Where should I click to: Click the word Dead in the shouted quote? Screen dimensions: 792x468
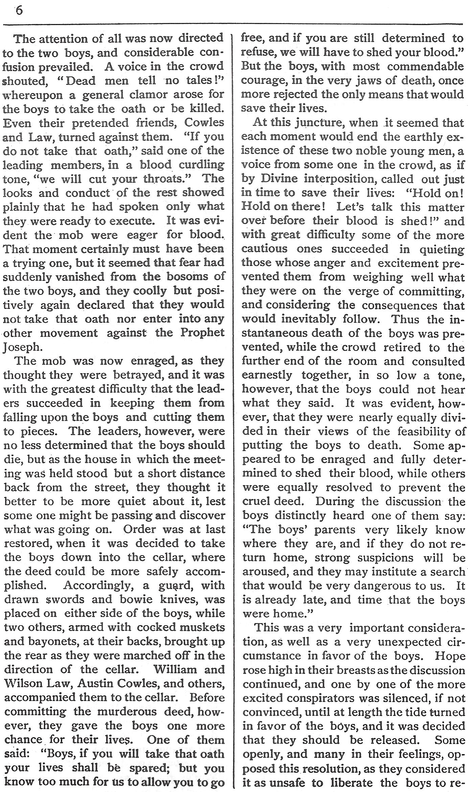click(81, 81)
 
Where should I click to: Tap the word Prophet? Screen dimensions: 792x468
click(202, 333)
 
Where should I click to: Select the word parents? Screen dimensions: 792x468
click(335, 530)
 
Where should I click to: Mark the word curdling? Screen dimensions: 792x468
click(201, 165)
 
